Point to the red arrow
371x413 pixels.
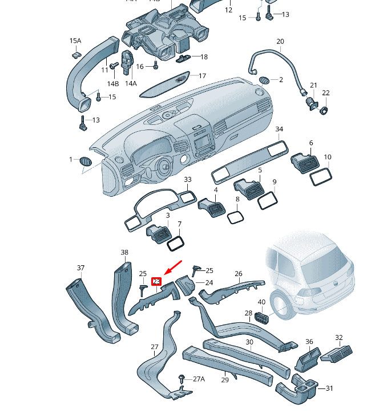(x=172, y=268)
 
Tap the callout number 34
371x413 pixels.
(x=279, y=129)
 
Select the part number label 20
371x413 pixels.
(x=280, y=42)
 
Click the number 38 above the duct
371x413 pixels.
(x=124, y=252)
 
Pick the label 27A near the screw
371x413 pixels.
(x=198, y=379)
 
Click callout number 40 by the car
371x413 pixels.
(x=261, y=302)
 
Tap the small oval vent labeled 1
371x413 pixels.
(x=85, y=161)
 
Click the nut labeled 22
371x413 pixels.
(x=322, y=108)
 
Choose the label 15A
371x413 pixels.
(x=75, y=41)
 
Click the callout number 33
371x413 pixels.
(x=187, y=180)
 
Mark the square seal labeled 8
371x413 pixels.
(x=236, y=217)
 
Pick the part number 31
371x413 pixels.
(x=329, y=388)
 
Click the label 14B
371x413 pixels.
(x=113, y=84)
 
